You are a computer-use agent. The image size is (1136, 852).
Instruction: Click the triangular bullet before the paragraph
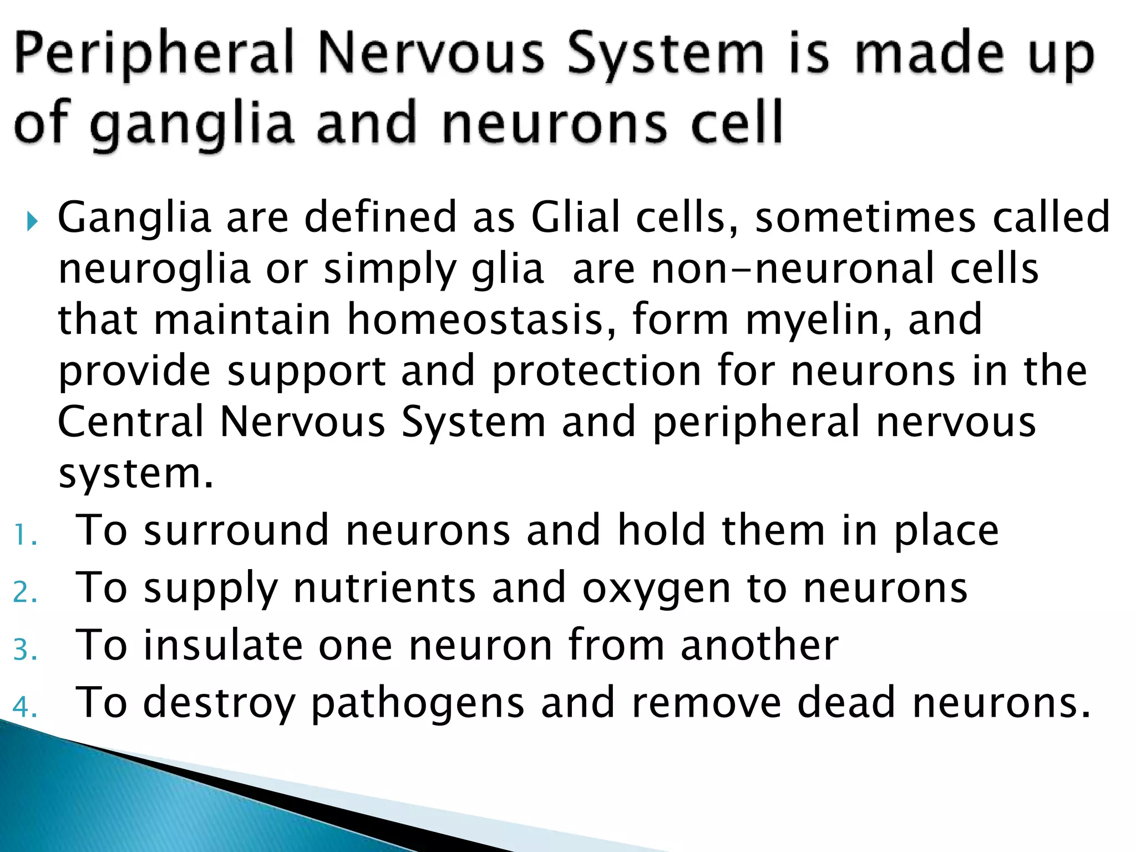point(33,222)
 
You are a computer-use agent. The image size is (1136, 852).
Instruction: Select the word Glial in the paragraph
point(575,217)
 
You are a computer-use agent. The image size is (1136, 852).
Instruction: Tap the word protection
point(596,372)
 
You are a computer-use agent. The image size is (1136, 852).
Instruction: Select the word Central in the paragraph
point(131,423)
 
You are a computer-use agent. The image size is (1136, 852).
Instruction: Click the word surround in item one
point(236,531)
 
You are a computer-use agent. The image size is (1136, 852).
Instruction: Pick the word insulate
point(223,646)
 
